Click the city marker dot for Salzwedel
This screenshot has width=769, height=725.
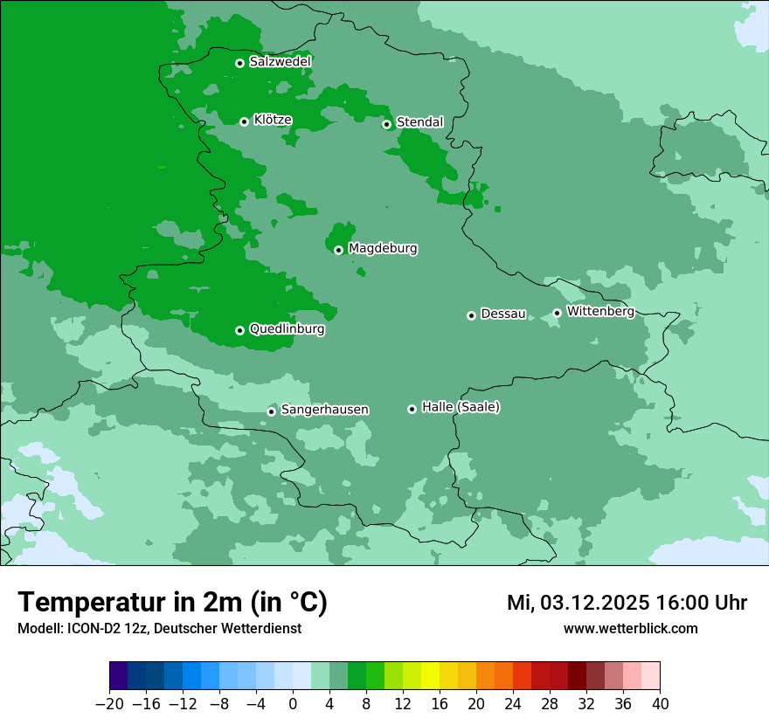(239, 63)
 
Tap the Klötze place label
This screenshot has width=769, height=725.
(273, 121)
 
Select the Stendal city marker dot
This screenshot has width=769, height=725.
(386, 124)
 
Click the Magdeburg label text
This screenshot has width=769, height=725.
(383, 249)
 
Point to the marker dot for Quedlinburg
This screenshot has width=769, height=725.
(239, 330)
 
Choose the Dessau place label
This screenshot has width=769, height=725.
(503, 314)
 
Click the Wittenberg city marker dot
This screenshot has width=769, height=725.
(557, 313)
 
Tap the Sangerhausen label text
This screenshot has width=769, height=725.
(324, 410)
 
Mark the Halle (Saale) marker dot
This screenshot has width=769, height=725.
(412, 409)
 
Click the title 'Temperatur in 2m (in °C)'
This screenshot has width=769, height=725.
(173, 603)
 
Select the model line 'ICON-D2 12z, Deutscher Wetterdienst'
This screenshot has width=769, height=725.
(159, 629)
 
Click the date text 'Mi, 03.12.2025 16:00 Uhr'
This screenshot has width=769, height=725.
(627, 604)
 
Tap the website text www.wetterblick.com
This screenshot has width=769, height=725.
(631, 629)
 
